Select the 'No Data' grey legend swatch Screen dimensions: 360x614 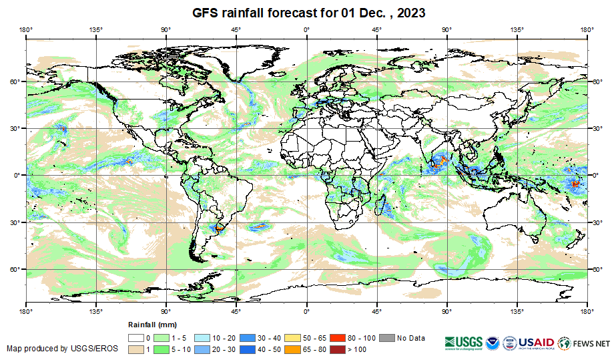pyautogui.click(x=388, y=338)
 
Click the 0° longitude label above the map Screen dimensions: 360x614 pyautogui.click(x=306, y=29)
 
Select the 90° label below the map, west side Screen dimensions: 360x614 pyautogui.click(x=166, y=311)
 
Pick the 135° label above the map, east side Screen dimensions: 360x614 pyautogui.click(x=517, y=29)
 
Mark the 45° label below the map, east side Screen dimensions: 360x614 pyautogui.click(x=376, y=311)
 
